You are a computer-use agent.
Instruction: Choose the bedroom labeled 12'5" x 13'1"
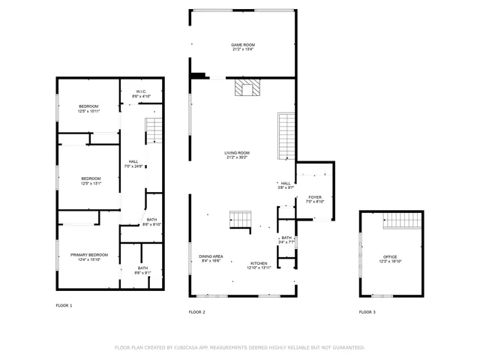point(91,180)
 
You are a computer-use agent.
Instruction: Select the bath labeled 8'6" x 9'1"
point(142,270)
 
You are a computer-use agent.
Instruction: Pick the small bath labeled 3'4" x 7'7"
point(286,240)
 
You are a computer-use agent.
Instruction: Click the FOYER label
point(314,199)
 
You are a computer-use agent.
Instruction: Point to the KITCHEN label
point(259,265)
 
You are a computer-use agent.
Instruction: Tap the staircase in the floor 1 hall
point(153,131)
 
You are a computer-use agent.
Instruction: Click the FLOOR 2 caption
point(196,311)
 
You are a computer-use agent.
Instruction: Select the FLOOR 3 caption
point(367,311)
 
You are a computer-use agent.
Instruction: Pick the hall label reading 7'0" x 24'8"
point(133,163)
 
